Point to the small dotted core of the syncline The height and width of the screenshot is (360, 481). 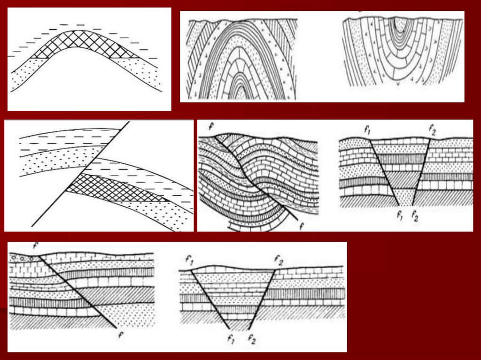(x=399, y=24)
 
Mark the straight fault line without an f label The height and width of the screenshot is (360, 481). (x=80, y=174)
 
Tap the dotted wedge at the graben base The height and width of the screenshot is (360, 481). (x=405, y=196)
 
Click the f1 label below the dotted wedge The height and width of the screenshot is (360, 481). (x=399, y=215)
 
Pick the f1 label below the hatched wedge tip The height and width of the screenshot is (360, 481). (x=232, y=338)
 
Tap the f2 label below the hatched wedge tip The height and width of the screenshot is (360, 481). (x=252, y=340)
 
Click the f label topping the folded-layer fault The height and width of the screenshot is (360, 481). (x=211, y=126)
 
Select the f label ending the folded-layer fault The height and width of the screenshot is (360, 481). (x=302, y=226)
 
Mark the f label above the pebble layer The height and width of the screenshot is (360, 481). (x=36, y=245)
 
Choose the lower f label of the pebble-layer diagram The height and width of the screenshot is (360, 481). (x=121, y=334)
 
